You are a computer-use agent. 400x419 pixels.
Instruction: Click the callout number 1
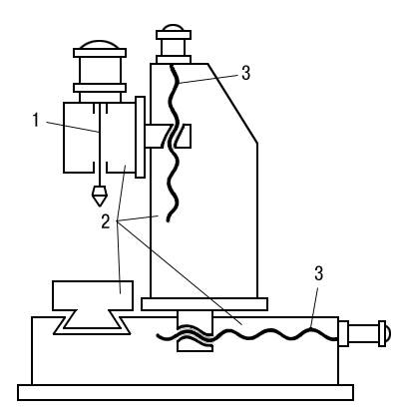click(36, 121)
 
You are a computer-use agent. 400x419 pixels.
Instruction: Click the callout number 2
click(106, 221)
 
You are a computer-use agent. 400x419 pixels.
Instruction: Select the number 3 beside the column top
click(245, 73)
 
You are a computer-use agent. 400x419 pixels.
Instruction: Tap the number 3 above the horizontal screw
click(318, 274)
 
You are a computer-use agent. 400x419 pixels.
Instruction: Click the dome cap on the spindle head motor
click(100, 45)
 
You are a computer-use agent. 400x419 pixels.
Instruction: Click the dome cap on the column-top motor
click(174, 28)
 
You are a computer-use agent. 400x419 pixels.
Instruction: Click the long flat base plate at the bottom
click(186, 392)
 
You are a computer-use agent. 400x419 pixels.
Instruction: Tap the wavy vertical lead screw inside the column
click(174, 143)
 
